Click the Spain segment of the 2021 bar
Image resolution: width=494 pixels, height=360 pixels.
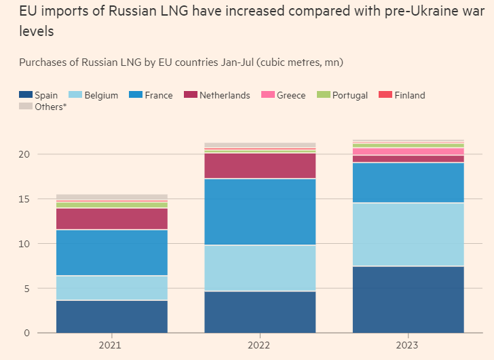coord(112,316)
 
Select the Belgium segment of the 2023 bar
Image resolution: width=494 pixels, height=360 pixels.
coord(408,234)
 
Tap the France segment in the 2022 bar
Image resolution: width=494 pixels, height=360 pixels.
coord(260,212)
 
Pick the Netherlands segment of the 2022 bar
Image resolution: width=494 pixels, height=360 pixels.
coord(260,166)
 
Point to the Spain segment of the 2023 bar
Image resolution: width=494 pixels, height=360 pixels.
coord(408,299)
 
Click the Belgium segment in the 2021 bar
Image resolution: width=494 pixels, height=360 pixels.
coord(112,287)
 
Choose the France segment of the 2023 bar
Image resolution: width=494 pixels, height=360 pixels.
coord(408,183)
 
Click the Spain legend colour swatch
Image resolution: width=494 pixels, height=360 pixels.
coord(25,95)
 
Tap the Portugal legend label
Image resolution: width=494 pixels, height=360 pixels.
coord(350,95)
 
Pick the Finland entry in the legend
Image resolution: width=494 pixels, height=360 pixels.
coord(409,95)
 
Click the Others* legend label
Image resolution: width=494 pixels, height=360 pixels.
coord(50,107)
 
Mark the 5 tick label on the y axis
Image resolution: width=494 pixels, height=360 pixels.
coord(26,288)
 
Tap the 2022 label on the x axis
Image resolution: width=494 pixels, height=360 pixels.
coord(260,346)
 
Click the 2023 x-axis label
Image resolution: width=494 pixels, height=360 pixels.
coord(408,346)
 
